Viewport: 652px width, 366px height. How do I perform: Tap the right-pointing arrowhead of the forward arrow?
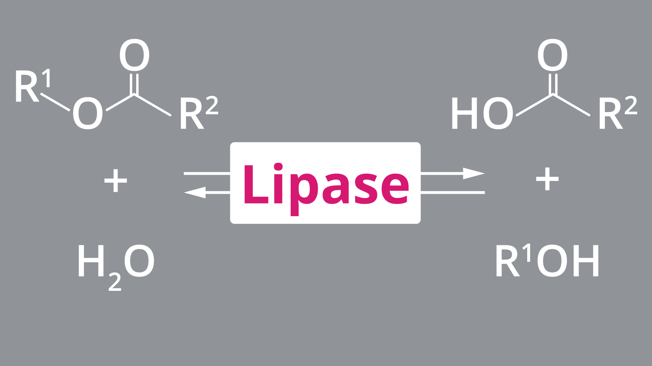tap(473, 173)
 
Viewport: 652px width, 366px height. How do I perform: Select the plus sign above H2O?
tap(116, 181)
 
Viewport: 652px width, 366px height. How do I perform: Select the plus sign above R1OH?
tap(547, 179)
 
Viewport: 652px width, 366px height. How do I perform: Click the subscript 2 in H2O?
tap(115, 282)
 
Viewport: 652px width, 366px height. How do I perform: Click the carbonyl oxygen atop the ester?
tap(134, 55)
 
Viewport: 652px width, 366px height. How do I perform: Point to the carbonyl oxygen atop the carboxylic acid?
tap(552, 55)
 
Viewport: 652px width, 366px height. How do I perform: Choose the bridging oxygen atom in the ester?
tap(88, 113)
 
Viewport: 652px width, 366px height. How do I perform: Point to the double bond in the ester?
tap(134, 84)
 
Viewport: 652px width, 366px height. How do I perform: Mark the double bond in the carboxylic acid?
tap(553, 84)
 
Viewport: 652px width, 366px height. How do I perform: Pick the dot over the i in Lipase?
tap(278, 167)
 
